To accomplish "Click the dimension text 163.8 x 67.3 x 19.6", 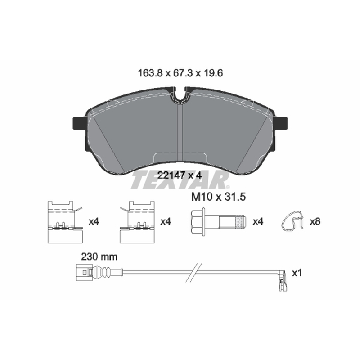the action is coord(180,73).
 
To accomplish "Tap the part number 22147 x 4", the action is coord(180,175).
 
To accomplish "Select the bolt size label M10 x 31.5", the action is coord(219,197).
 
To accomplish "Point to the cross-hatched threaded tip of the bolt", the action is coord(241,222).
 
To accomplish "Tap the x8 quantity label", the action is coord(315,222).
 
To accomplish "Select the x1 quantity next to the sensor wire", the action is coord(297,273).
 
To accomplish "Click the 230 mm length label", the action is coord(99,256).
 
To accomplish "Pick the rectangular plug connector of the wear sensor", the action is coord(84,272).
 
